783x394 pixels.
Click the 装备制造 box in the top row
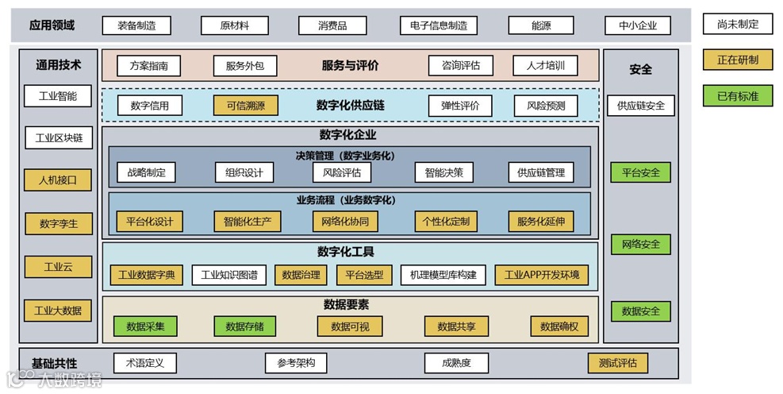click(136, 25)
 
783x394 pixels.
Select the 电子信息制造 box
click(439, 25)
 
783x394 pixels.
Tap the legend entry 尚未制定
click(737, 24)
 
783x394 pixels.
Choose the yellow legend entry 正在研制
click(737, 60)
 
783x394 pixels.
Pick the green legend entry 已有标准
click(737, 96)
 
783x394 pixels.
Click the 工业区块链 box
click(58, 137)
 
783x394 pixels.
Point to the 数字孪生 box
click(58, 224)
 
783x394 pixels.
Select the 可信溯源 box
click(245, 106)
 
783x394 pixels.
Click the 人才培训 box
click(539, 66)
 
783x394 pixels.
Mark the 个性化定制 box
click(446, 221)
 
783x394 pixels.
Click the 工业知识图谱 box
click(229, 275)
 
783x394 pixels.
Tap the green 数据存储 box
click(244, 326)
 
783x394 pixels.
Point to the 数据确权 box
click(559, 326)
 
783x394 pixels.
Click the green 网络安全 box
click(640, 244)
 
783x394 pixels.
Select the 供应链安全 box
click(640, 106)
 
